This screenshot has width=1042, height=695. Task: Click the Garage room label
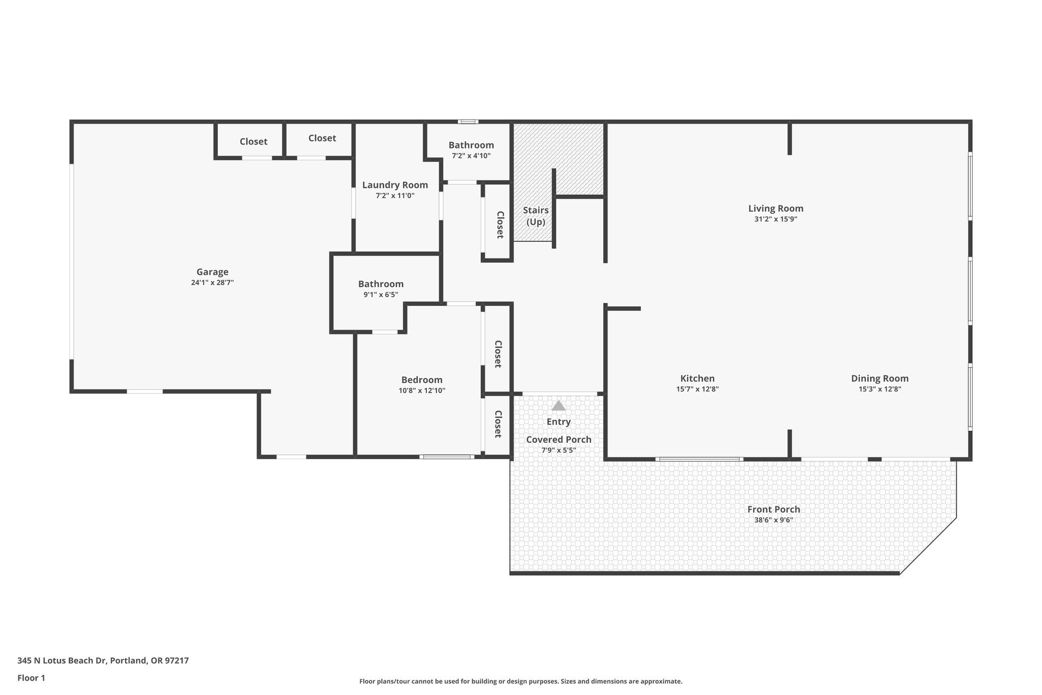212,272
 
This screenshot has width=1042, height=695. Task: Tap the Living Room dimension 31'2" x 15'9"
775,219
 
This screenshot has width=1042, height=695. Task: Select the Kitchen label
697,378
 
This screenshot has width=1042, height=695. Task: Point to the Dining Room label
879,378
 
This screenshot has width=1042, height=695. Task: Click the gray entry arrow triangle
559,406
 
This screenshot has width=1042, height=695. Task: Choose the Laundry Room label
395,185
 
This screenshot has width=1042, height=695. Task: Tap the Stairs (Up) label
536,216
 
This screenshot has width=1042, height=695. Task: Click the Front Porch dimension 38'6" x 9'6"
773,520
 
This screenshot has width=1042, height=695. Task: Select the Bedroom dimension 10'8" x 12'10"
422,391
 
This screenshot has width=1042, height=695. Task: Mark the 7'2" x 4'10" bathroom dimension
471,156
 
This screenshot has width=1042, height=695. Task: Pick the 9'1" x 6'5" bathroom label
381,284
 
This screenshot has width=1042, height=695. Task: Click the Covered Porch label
559,439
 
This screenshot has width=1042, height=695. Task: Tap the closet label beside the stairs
500,225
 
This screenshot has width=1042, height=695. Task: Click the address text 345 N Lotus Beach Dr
103,661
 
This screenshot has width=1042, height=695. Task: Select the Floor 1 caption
31,678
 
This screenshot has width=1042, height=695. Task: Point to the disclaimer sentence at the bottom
520,681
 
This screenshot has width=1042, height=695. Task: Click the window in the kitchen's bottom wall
699,459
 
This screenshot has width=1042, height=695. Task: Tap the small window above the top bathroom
468,122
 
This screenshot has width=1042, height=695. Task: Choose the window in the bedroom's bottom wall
447,457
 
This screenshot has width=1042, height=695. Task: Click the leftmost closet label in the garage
253,142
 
